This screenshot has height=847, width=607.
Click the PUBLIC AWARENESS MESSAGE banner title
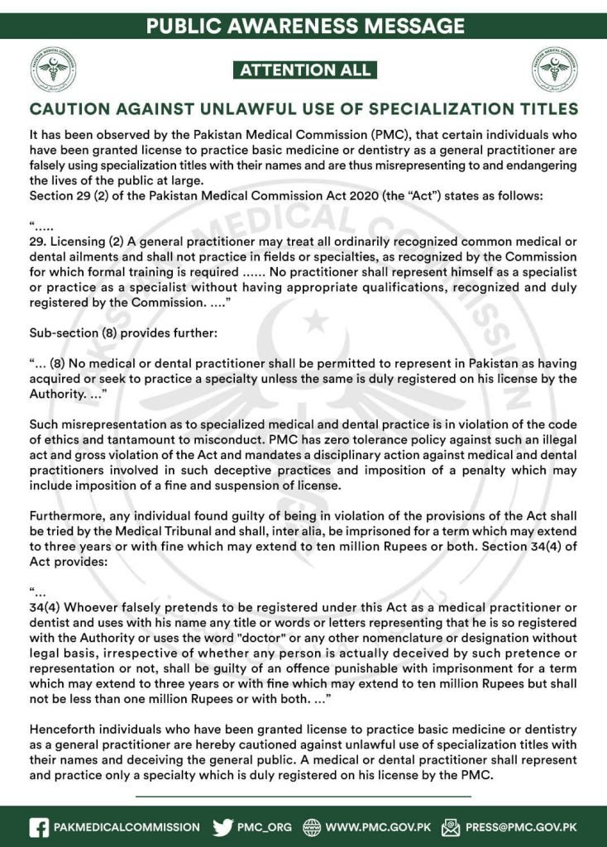[x=303, y=26]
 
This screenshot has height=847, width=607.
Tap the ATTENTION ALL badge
[x=303, y=70]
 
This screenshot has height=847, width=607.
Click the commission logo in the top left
[x=55, y=69]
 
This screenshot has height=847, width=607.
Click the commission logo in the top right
[x=555, y=69]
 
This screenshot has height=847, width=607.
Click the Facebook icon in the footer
[x=38, y=826]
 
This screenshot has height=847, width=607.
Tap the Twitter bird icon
[x=222, y=826]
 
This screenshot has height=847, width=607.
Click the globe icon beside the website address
[x=313, y=826]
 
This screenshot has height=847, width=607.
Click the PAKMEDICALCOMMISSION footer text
[x=127, y=826]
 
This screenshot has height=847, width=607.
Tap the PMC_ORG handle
[x=265, y=826]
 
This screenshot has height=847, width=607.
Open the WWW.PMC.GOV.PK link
[x=379, y=826]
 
